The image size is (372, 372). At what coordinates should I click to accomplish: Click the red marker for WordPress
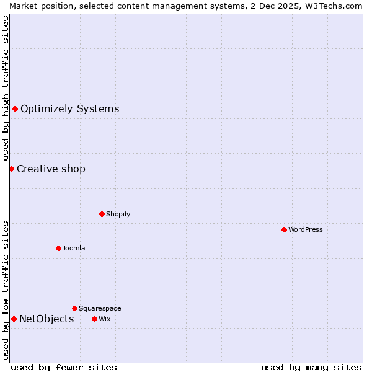284,229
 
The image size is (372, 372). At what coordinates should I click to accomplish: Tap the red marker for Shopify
102,214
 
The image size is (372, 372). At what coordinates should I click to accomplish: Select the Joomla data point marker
58,248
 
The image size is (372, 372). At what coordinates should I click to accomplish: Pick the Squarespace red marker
74,308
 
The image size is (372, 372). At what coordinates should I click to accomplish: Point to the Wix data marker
94,319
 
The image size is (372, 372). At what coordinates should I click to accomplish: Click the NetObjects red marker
14,319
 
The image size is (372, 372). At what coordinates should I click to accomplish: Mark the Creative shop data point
11,169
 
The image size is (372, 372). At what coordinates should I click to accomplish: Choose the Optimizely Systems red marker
15,108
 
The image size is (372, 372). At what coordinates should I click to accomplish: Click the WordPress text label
306,229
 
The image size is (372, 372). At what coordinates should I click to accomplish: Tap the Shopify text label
118,214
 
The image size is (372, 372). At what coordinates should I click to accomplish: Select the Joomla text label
74,248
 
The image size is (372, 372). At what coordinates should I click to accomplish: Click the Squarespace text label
100,308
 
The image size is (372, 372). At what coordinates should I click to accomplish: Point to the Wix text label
104,319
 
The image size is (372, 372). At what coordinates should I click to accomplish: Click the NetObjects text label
46,319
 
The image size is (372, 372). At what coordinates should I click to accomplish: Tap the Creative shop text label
51,169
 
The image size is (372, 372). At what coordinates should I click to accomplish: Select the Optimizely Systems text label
69,109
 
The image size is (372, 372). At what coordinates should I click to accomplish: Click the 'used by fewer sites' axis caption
64,367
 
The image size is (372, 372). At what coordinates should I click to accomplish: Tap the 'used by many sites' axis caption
311,367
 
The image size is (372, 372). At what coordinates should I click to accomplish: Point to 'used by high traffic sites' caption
6,88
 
